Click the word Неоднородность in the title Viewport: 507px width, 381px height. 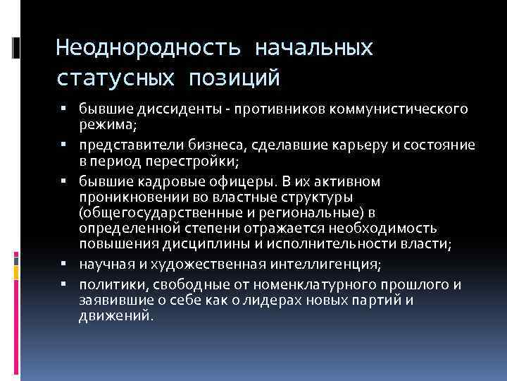(x=148, y=48)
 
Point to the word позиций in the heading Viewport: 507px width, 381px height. (x=234, y=76)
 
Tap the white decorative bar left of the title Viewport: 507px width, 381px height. (x=16, y=48)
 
